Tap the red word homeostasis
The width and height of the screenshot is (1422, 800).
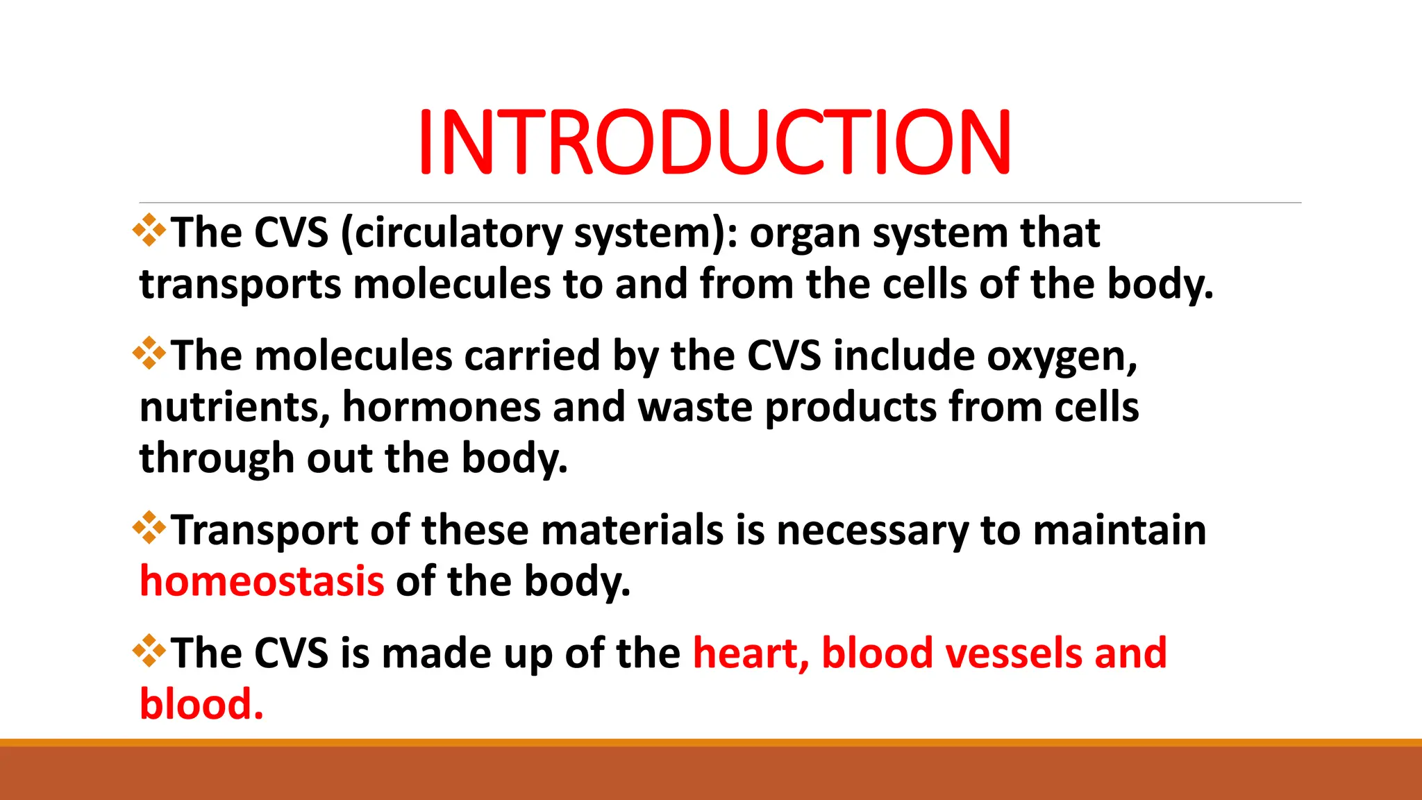(262, 581)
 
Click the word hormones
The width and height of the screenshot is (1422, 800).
(441, 408)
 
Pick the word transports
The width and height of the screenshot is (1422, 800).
(240, 285)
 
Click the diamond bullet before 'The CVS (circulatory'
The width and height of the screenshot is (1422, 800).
(149, 231)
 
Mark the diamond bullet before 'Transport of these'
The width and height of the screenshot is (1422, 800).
(149, 528)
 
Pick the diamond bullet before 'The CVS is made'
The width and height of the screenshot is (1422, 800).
(149, 651)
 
